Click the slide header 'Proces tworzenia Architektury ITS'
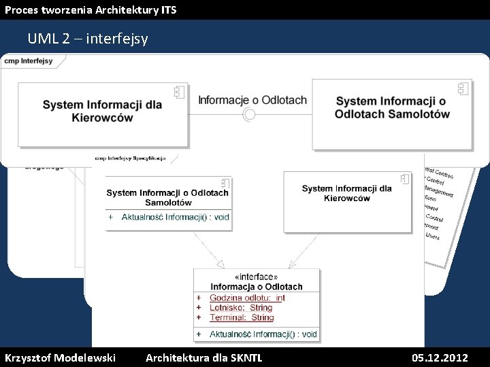pos(91,10)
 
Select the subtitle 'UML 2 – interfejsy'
pos(88,39)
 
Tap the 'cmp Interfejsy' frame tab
pos(29,60)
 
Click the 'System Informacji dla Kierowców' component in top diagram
pos(102,112)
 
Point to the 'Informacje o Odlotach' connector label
pos(252,100)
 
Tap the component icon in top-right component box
pos(463,88)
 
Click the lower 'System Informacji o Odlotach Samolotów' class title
pos(167,197)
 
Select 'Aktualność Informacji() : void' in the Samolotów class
pos(175,217)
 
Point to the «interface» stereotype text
pos(255,277)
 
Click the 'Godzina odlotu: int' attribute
pos(247,298)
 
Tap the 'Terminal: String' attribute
pos(242,317)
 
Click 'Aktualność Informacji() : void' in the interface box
pos(263,334)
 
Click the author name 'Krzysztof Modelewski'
pos(60,357)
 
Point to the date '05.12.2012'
pos(440,357)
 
